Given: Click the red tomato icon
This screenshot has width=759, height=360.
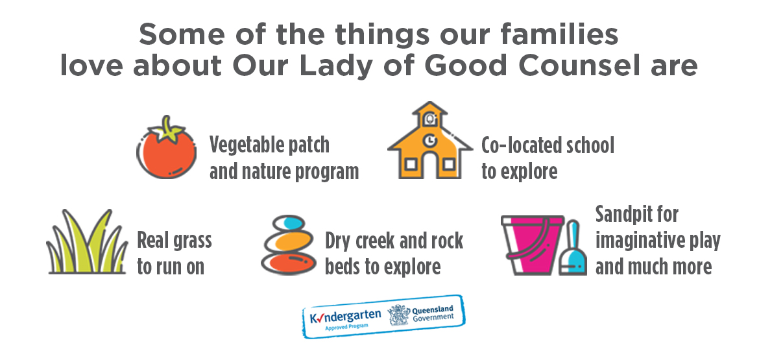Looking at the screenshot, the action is coord(167,148).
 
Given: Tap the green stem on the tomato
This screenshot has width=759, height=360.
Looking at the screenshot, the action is coord(167,128).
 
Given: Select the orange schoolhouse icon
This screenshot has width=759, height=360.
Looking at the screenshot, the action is coord(430,140).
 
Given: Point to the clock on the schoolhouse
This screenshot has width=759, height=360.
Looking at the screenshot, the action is coord(429,140).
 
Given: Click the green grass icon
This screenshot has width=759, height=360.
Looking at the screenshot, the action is coord(87,241).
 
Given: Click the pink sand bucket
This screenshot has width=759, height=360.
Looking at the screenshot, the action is coord(533,245).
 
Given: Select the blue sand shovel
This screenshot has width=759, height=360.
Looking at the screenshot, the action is coord(573,248).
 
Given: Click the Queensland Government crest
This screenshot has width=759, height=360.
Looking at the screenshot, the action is coord(399,315).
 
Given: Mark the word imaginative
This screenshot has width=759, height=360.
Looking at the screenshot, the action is coord(637,241).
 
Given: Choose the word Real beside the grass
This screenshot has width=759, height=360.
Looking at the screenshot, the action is coord(153,241).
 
